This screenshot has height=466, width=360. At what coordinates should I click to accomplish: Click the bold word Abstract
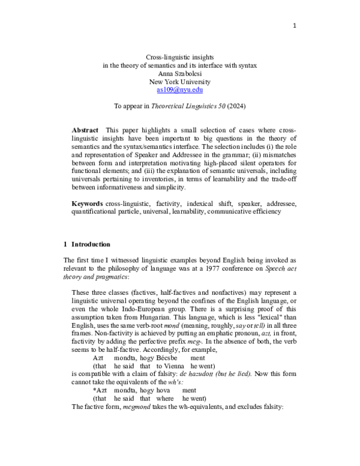click(85, 130)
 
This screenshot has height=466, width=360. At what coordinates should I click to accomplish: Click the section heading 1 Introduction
click(87, 244)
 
